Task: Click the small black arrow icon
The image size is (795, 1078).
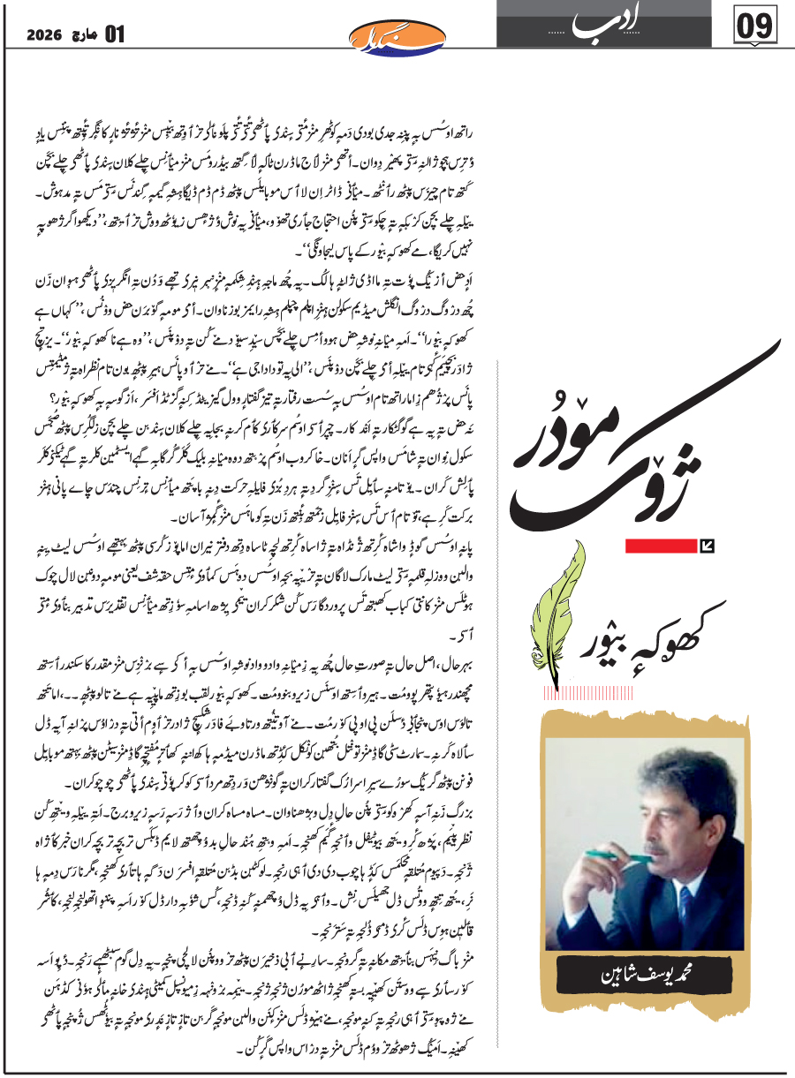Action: (x=705, y=547)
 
